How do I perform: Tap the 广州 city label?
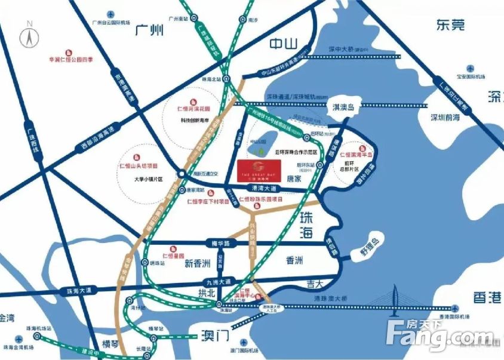(149, 30)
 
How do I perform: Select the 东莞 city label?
(450, 24)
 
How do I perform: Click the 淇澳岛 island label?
(343, 107)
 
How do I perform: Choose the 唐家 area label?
(295, 178)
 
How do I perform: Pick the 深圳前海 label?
(448, 118)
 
